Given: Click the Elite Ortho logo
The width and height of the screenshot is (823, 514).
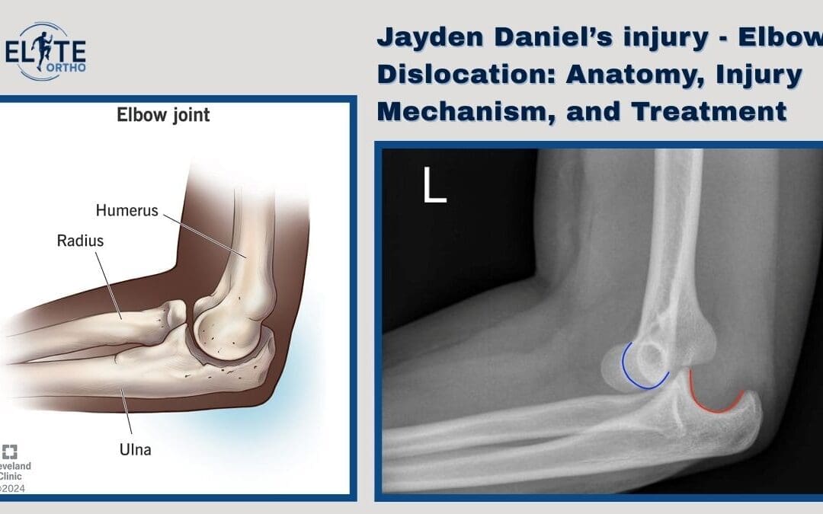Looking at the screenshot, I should [50, 51].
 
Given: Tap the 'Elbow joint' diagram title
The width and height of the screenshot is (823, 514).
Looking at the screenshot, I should [163, 116].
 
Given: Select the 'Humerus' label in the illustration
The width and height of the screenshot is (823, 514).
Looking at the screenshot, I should [126, 209].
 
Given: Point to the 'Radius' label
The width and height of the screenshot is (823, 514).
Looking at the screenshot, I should [80, 241].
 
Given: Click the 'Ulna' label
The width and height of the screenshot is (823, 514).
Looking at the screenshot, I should [134, 449].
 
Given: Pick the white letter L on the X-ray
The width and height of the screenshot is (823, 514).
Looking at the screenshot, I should [434, 185].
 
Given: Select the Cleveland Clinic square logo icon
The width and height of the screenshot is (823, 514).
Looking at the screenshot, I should [10, 450].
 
